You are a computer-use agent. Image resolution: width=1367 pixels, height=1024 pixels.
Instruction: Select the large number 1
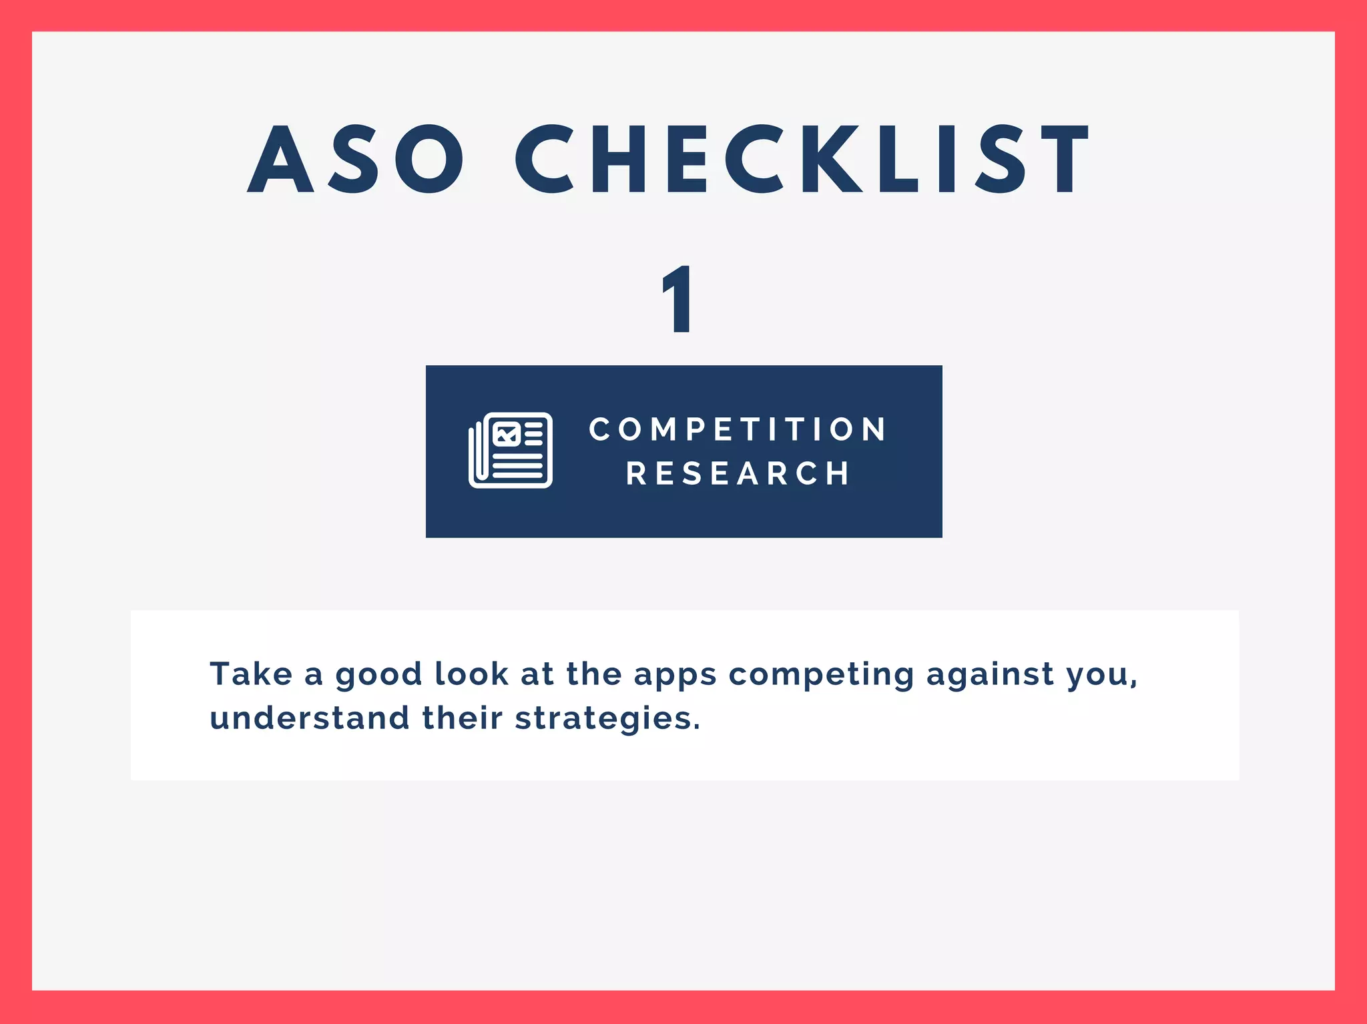pyautogui.click(x=679, y=298)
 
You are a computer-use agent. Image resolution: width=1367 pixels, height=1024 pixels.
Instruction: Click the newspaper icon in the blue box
pyautogui.click(x=511, y=451)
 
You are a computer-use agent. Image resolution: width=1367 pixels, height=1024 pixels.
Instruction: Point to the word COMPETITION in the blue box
pyautogui.click(x=738, y=429)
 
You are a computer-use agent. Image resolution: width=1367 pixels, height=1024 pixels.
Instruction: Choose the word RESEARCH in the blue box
pyautogui.click(x=738, y=473)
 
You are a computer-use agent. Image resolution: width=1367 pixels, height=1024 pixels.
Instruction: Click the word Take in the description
pyautogui.click(x=251, y=674)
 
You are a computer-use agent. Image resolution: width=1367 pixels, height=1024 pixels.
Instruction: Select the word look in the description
pyautogui.click(x=471, y=674)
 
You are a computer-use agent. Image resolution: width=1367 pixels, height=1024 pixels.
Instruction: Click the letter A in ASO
pyautogui.click(x=280, y=160)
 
